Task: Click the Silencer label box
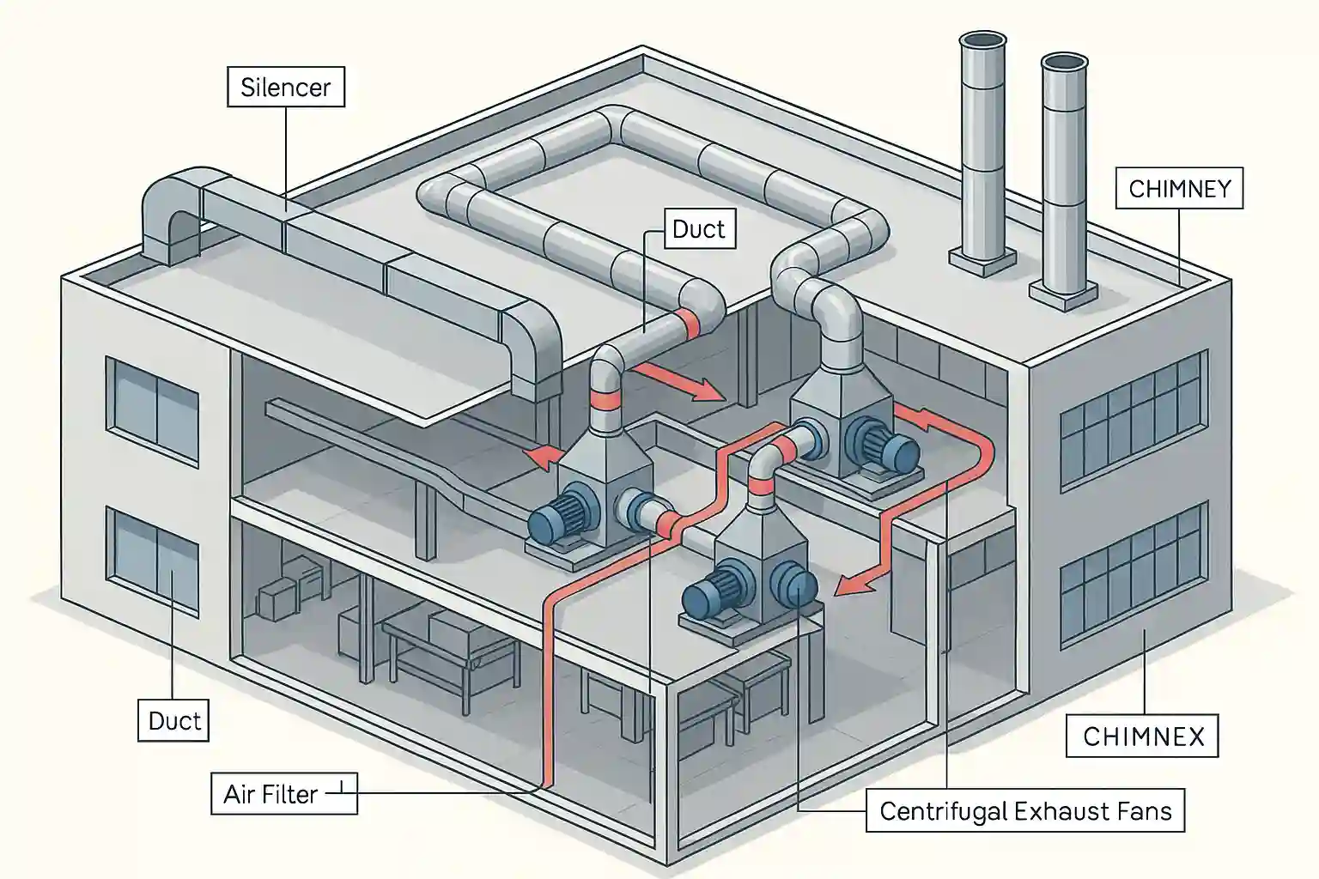click(x=285, y=88)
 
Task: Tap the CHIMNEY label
click(x=1179, y=189)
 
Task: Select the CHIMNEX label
click(x=1142, y=737)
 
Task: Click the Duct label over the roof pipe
click(x=698, y=229)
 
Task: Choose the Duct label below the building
click(x=174, y=720)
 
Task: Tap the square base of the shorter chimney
click(x=1063, y=293)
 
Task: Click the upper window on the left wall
click(x=153, y=413)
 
